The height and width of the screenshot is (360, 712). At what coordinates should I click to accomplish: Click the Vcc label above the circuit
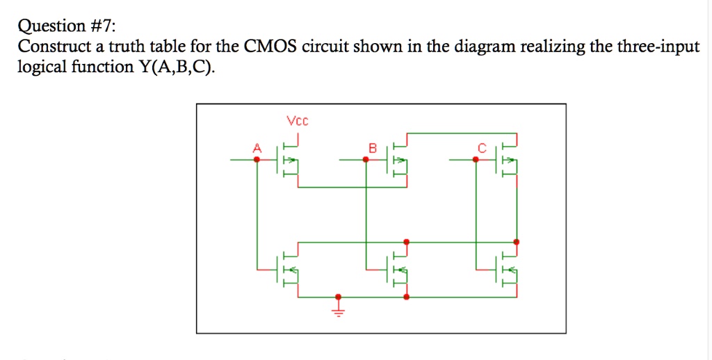click(x=297, y=122)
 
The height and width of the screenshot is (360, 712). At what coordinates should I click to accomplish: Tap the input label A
click(x=257, y=147)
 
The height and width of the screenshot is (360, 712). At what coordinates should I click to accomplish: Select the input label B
click(x=372, y=147)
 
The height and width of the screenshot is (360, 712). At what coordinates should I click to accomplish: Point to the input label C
click(x=480, y=147)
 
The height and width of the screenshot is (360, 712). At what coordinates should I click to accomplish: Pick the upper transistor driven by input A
click(x=289, y=160)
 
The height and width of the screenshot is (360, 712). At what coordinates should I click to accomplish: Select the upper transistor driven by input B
click(x=398, y=160)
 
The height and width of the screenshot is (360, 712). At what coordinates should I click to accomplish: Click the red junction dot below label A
click(x=257, y=160)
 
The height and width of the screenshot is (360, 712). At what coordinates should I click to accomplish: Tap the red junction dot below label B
click(x=366, y=160)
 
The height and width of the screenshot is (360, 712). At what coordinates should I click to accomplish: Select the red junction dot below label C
click(x=476, y=160)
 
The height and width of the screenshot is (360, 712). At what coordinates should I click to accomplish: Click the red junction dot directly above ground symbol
click(x=339, y=295)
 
